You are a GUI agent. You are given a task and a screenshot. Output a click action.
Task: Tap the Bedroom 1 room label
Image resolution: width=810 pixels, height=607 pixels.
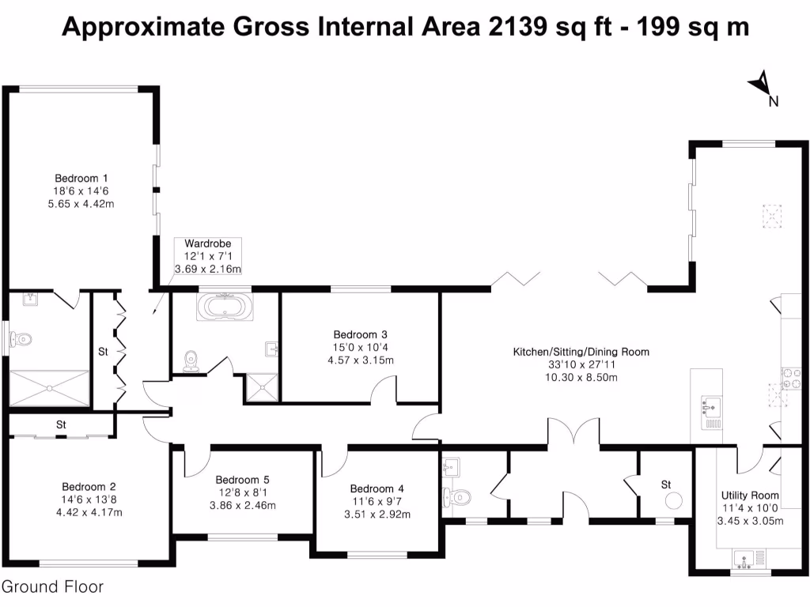point(81,178)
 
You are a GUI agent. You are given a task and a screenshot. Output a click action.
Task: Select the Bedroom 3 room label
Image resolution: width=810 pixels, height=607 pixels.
point(360,334)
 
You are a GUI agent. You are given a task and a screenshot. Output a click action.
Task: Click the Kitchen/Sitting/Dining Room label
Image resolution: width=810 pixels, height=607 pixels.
point(581,352)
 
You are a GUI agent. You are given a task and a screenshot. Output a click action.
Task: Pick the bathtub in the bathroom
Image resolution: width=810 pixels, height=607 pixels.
point(225,307)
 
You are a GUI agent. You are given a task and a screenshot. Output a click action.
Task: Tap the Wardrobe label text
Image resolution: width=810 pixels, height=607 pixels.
point(208,243)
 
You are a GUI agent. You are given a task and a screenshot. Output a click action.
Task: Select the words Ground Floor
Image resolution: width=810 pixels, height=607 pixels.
point(52,587)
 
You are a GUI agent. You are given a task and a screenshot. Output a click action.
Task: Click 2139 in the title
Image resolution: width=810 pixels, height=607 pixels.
point(517,27)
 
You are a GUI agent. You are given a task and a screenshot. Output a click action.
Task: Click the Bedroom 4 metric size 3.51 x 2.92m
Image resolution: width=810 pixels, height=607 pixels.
point(377,513)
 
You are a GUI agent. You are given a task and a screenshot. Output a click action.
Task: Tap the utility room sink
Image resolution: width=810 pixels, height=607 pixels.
point(744,560)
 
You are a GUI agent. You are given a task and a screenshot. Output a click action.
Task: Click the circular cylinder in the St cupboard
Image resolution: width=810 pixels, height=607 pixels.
point(674,500)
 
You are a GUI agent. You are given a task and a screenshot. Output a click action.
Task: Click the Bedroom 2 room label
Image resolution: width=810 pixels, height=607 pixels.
point(89,487)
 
